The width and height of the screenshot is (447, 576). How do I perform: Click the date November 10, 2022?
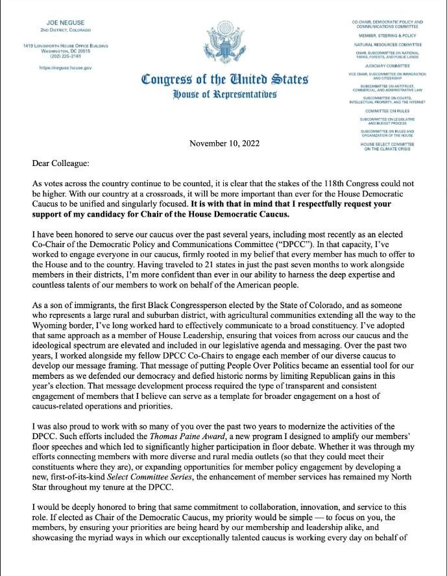pos(224,143)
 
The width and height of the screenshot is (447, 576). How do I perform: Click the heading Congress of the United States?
pos(224,80)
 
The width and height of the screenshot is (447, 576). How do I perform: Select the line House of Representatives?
pos(224,95)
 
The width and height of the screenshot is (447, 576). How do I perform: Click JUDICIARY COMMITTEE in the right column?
pos(387,66)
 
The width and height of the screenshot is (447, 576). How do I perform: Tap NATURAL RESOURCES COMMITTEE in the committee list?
pos(387,44)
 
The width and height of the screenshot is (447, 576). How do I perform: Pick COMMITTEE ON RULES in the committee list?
pos(387,111)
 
